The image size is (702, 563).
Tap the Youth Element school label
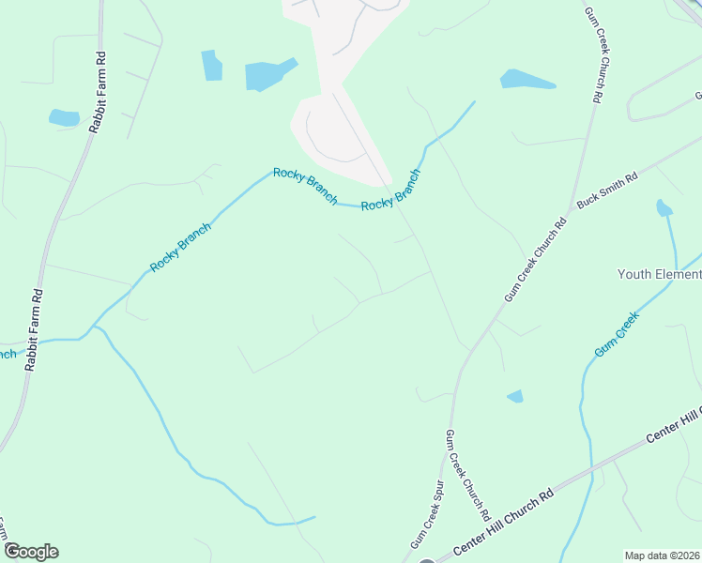(x=659, y=274)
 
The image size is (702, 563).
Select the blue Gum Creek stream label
(x=616, y=334)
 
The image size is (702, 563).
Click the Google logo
(x=31, y=552)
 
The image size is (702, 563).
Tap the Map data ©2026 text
(x=663, y=555)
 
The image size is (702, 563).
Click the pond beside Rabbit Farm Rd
(x=64, y=117)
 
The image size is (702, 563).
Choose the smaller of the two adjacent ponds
(x=212, y=65)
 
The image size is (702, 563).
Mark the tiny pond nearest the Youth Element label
(x=664, y=207)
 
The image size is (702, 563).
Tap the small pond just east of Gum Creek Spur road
(x=515, y=396)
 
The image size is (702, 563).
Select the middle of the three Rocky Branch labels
(x=304, y=184)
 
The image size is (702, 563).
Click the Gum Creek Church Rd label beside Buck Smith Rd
(x=536, y=259)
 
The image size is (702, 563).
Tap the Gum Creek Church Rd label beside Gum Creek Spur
(x=467, y=475)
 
